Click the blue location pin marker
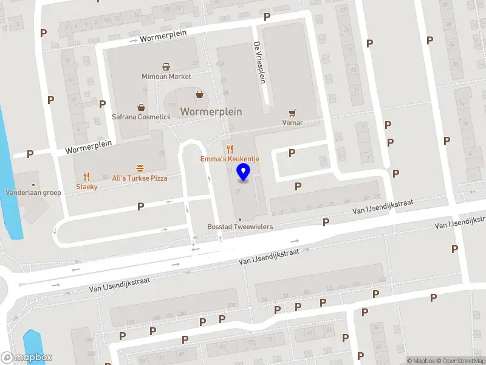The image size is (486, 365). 244,172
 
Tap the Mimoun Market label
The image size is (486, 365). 166,77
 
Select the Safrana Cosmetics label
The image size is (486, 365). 141,117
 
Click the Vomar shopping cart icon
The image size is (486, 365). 293,113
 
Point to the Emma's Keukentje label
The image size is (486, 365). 230,159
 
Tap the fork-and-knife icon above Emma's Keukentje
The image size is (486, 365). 230,149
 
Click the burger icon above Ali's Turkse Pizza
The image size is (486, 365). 140,168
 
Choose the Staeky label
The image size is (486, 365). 86,187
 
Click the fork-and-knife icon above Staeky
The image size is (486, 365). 86,176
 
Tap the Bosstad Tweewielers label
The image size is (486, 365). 240,227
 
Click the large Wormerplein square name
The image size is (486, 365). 211,112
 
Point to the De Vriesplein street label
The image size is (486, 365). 260,63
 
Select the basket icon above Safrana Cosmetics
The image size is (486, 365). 141,107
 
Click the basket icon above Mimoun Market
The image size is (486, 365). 166,67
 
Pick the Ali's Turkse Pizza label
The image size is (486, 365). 140,178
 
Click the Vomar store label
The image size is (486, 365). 293,123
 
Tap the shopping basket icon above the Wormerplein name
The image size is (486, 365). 199,94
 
